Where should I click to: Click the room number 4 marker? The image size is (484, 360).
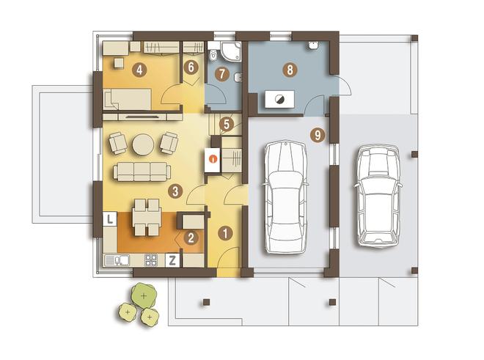[x=139, y=70]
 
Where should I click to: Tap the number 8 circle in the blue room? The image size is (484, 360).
[x=290, y=70]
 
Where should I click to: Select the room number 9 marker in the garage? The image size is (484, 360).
[x=318, y=135]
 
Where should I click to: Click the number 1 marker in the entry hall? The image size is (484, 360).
[x=225, y=233]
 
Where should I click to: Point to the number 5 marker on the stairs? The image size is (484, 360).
[x=227, y=125]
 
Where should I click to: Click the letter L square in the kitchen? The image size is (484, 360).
[x=109, y=219]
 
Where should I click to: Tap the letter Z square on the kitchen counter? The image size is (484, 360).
[x=172, y=260]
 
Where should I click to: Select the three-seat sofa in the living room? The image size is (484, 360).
[x=142, y=172]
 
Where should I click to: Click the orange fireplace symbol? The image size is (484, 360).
[x=213, y=159]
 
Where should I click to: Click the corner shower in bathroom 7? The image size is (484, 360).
[x=231, y=51]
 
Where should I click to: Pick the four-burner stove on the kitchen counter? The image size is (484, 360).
[x=151, y=260]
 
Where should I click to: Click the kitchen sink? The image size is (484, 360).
[x=122, y=260]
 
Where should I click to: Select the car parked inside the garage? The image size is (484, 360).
[x=286, y=197]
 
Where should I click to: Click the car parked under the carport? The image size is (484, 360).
[x=378, y=196]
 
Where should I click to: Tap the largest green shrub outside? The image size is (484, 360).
[x=144, y=295]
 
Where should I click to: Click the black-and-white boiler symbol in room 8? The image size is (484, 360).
[x=279, y=100]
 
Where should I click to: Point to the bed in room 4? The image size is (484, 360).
[x=128, y=100]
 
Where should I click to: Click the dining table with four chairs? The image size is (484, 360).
[x=147, y=217]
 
